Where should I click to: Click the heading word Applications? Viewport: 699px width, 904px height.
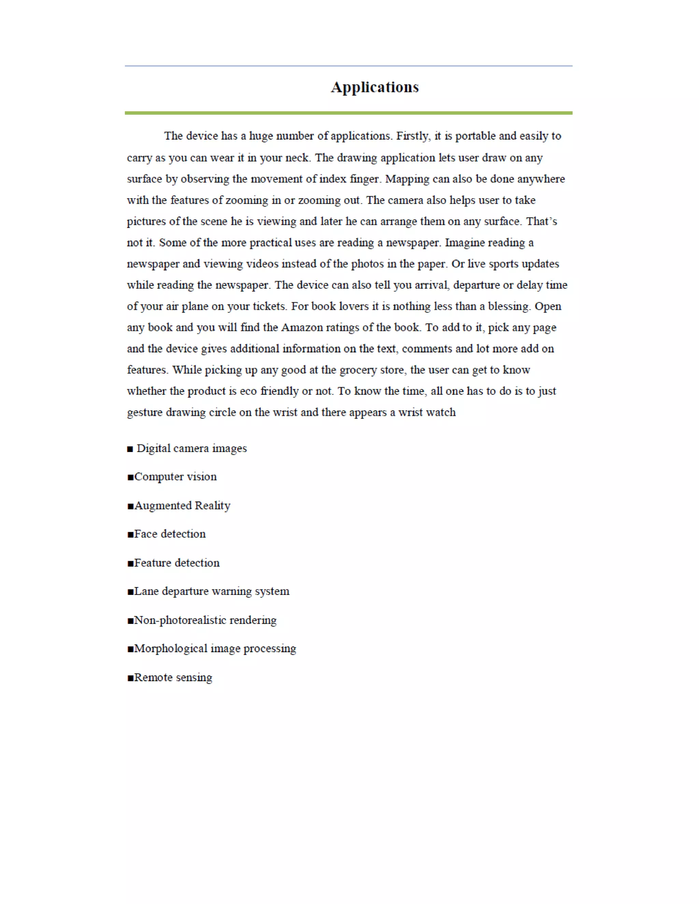tap(374, 87)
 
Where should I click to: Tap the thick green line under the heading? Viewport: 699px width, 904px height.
tap(349, 113)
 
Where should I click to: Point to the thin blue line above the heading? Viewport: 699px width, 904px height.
tap(349, 66)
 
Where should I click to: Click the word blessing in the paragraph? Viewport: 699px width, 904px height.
tap(509, 307)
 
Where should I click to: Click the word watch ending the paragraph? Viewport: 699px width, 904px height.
tap(441, 413)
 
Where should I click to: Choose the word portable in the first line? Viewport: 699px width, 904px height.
tap(475, 136)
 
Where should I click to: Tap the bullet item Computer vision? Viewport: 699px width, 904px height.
tap(175, 477)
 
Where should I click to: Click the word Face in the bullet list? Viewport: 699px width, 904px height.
tap(145, 534)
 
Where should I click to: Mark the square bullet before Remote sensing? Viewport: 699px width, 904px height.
tap(130, 678)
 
